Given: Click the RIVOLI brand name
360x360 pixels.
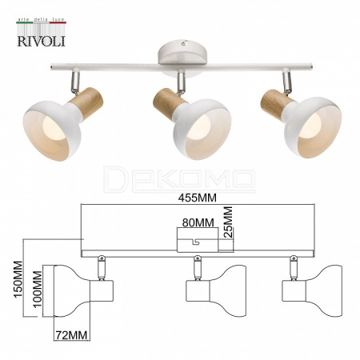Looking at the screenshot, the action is [42, 41].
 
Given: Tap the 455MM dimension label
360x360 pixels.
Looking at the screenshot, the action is [198, 198].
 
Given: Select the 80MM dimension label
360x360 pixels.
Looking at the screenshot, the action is [198, 222].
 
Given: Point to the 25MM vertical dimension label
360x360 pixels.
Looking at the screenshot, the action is [228, 222].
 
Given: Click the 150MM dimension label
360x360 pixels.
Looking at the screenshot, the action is [18, 283].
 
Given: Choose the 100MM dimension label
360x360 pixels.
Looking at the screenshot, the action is [38, 290].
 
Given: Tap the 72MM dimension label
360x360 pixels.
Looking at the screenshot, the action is [71, 335].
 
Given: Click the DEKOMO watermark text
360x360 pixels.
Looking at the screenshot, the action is [179, 179].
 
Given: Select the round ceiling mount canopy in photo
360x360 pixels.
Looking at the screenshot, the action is [182, 51].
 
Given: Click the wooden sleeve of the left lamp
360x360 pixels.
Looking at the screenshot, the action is [86, 103].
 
